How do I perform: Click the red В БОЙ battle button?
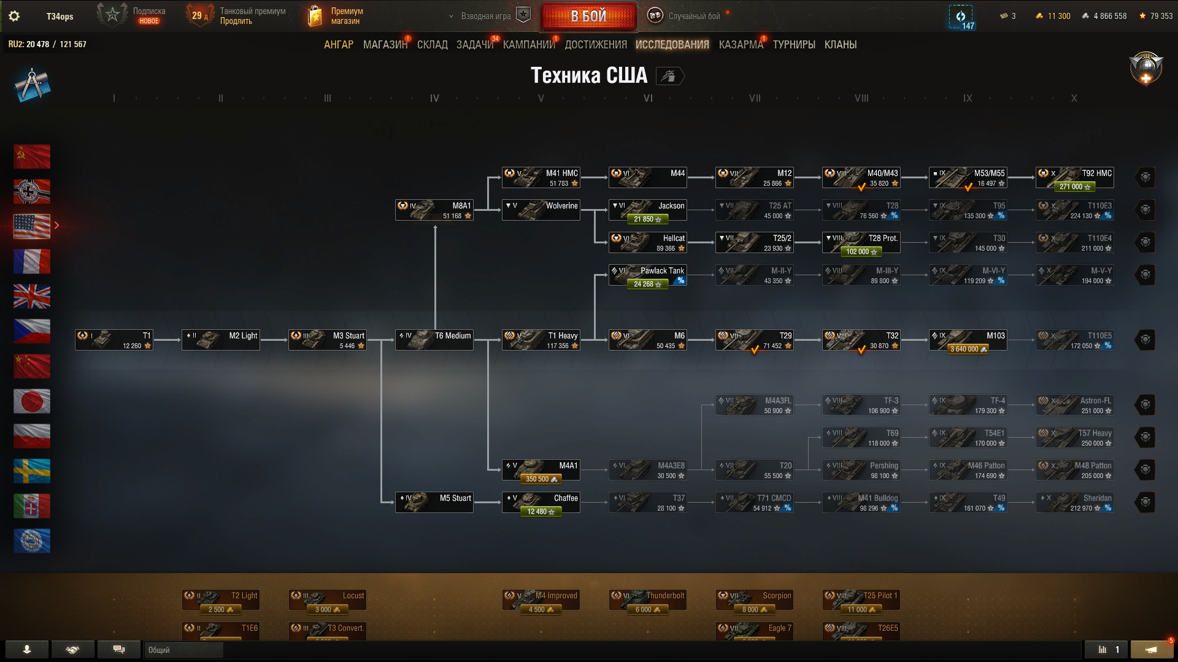pos(588,17)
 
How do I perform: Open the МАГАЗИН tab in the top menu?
pos(385,45)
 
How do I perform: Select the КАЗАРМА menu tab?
pos(741,45)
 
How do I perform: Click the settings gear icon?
pos(14,17)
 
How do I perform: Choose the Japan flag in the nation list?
pos(32,401)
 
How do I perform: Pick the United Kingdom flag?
pos(32,297)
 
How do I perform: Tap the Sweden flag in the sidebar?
pos(32,471)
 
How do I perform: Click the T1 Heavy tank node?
pos(541,340)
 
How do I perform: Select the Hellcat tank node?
pos(647,243)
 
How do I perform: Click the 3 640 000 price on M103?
pos(968,349)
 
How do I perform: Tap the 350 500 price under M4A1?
pos(541,479)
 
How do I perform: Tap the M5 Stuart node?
pos(434,503)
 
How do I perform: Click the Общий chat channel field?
pos(184,650)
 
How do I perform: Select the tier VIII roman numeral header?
pos(861,98)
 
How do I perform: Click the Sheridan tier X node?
pos(1074,503)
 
